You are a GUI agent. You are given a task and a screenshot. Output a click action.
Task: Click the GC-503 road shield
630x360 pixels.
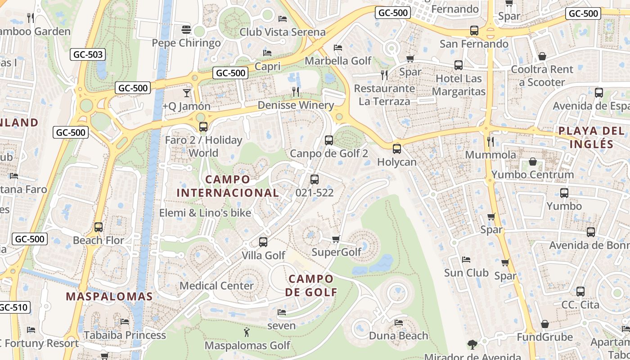click(x=88, y=55)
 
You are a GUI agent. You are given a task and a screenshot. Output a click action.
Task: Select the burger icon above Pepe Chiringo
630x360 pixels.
click(x=186, y=30)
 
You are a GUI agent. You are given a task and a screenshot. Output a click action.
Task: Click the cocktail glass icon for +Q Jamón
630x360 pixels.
click(x=186, y=93)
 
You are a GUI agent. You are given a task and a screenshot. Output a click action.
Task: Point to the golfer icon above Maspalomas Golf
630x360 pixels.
click(x=247, y=333)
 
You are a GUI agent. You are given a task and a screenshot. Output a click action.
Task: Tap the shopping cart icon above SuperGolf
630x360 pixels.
click(x=336, y=239)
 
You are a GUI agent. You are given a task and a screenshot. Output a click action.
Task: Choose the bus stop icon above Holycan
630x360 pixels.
click(x=396, y=149)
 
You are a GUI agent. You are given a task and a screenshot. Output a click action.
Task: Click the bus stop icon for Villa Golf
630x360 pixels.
click(x=263, y=242)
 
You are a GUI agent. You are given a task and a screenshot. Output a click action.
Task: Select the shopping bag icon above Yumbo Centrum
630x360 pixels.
click(x=533, y=162)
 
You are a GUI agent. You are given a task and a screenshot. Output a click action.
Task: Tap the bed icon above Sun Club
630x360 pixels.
click(x=466, y=260)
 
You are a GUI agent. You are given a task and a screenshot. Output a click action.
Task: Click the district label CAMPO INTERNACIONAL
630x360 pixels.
click(x=228, y=186)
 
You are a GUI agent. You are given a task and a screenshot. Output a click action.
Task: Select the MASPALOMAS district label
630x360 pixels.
click(x=109, y=297)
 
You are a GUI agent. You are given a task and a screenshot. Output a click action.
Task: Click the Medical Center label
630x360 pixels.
click(x=216, y=286)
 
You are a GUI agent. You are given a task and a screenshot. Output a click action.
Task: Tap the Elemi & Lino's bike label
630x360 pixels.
click(x=205, y=213)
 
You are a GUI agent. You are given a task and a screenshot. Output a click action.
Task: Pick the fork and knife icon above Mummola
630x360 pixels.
click(x=490, y=142)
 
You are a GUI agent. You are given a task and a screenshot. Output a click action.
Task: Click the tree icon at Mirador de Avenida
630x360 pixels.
click(x=472, y=345)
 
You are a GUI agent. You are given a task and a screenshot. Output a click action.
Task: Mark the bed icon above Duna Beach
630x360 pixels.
click(x=398, y=322)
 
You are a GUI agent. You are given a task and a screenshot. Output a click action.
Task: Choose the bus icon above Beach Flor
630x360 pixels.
click(x=99, y=227)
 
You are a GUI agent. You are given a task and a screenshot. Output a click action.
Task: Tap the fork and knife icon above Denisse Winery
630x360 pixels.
click(x=296, y=92)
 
